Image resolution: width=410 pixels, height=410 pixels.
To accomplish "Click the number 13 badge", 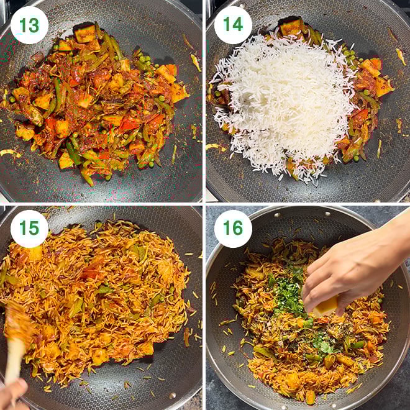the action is [29, 25].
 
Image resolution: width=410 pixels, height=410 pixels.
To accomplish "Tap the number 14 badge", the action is [233, 25].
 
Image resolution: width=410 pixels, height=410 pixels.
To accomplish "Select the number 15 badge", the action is [29, 229].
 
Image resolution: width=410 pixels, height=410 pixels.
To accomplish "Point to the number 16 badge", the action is [233, 229].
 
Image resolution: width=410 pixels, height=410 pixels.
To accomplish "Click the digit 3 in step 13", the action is [34, 25].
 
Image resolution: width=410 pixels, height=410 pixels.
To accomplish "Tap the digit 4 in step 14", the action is [238, 25].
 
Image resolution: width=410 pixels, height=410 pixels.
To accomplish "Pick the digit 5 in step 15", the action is [34, 229].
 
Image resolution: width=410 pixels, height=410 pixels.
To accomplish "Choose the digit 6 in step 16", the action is [238, 228].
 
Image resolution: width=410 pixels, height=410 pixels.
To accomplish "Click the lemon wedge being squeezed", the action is [326, 306].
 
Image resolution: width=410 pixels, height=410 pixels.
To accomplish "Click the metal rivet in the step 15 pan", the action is [172, 395].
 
